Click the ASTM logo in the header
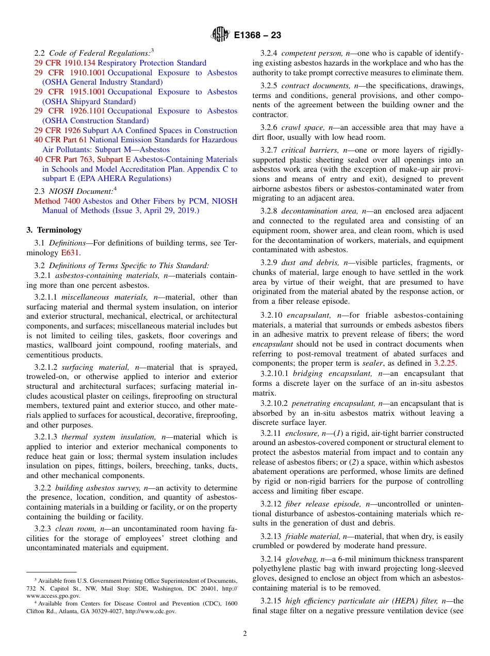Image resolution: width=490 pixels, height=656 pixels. point(220,35)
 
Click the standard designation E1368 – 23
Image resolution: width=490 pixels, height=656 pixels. point(257,36)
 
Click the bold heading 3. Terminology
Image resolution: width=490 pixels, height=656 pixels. point(54,230)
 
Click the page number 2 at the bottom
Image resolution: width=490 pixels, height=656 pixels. point(245,634)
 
